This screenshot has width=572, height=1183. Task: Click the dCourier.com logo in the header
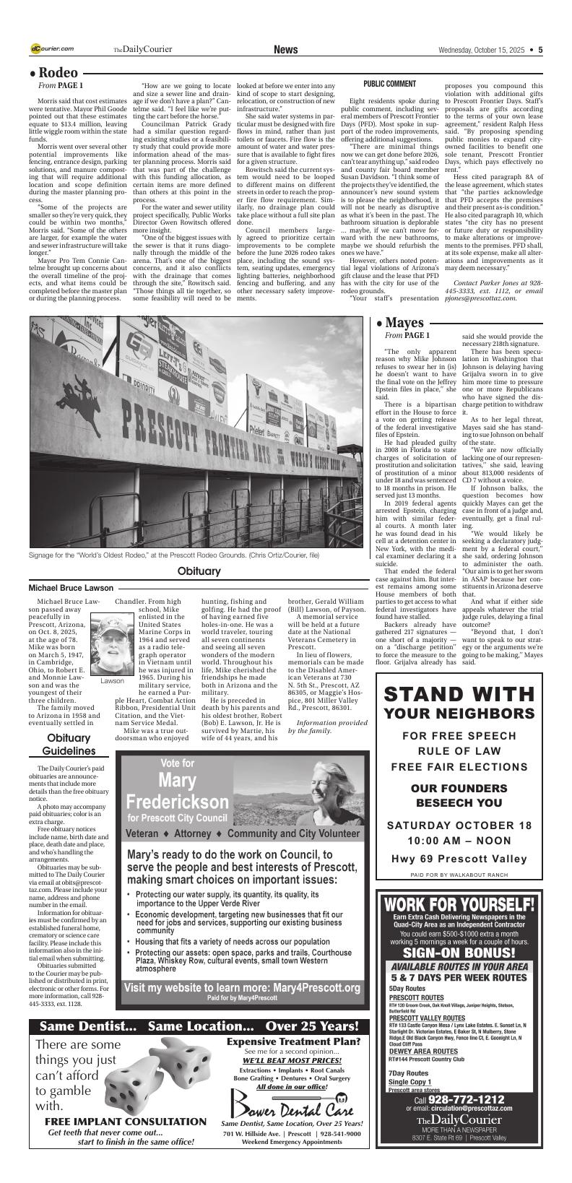pos(52,48)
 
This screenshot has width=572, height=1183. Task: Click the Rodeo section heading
pos(54,73)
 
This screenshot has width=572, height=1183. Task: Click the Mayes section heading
pos(399,322)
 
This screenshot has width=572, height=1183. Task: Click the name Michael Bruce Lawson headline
pos(71,588)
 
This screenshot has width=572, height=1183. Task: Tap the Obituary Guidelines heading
pos(69,745)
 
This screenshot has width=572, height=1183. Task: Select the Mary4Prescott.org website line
pos(242,987)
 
